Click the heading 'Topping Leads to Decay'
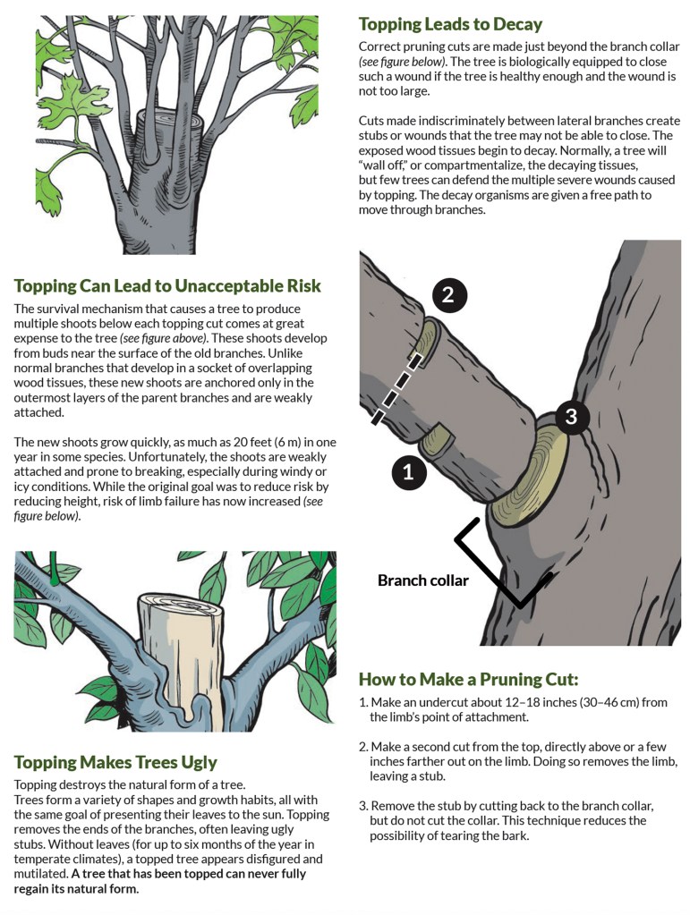coord(450,24)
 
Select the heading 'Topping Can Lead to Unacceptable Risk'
coord(167,286)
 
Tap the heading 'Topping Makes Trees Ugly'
coord(115,762)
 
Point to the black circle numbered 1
coord(408,471)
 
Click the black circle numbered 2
coord(449,295)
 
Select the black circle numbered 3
coord(570,416)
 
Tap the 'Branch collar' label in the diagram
coord(422,580)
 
